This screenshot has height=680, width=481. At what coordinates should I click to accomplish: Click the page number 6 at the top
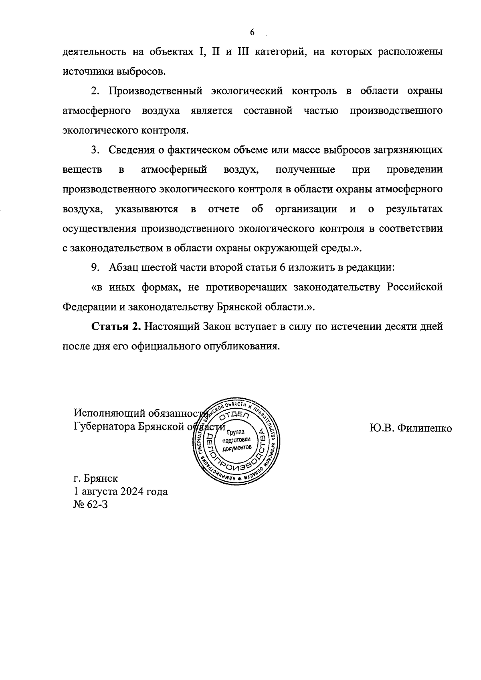[x=252, y=32]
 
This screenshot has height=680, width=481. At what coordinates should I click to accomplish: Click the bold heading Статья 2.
[x=116, y=326]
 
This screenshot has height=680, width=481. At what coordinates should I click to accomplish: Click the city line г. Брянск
[x=96, y=478]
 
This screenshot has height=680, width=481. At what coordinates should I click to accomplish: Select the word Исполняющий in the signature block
[x=109, y=413]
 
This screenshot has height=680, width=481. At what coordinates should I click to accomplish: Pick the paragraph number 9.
[x=95, y=268]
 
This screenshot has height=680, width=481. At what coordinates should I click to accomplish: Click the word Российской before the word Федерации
[x=415, y=287]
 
